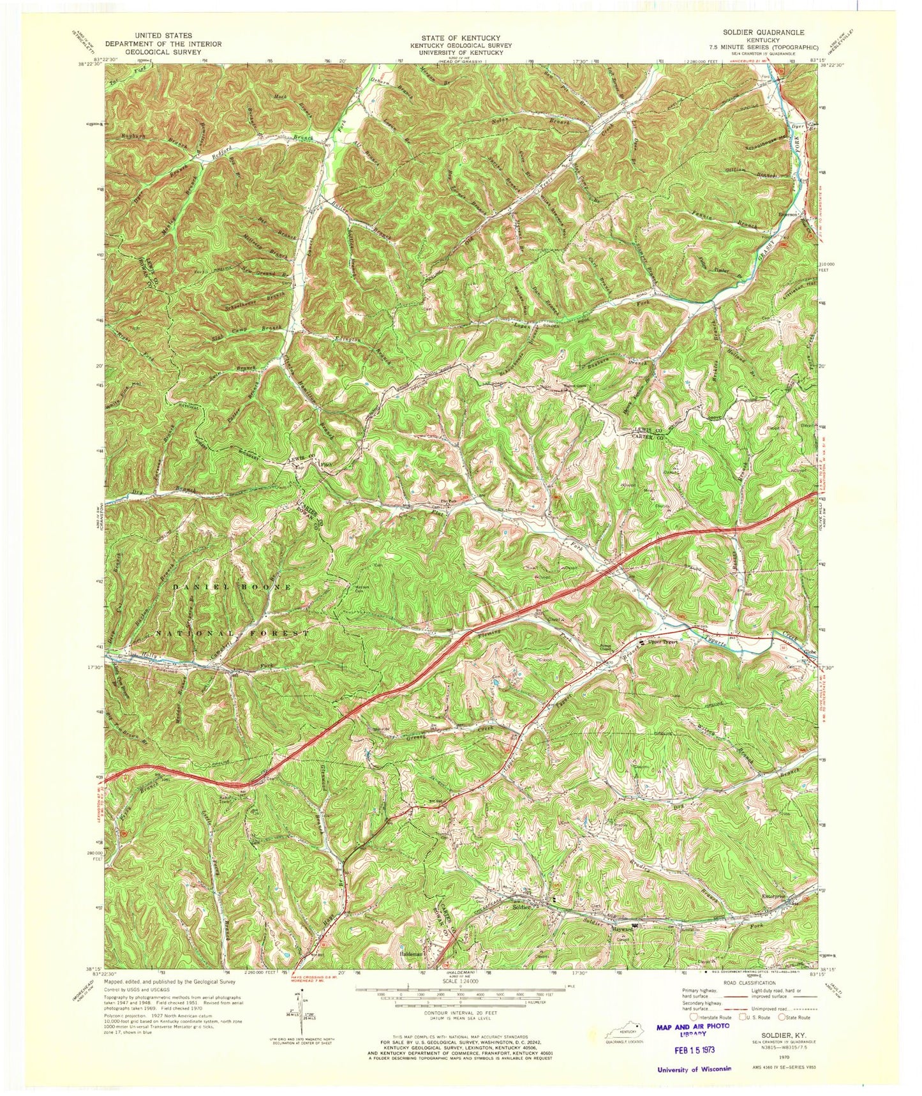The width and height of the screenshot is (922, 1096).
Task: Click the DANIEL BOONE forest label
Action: pyautogui.click(x=232, y=586)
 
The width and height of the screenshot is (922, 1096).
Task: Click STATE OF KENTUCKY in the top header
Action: pyautogui.click(x=455, y=38)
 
